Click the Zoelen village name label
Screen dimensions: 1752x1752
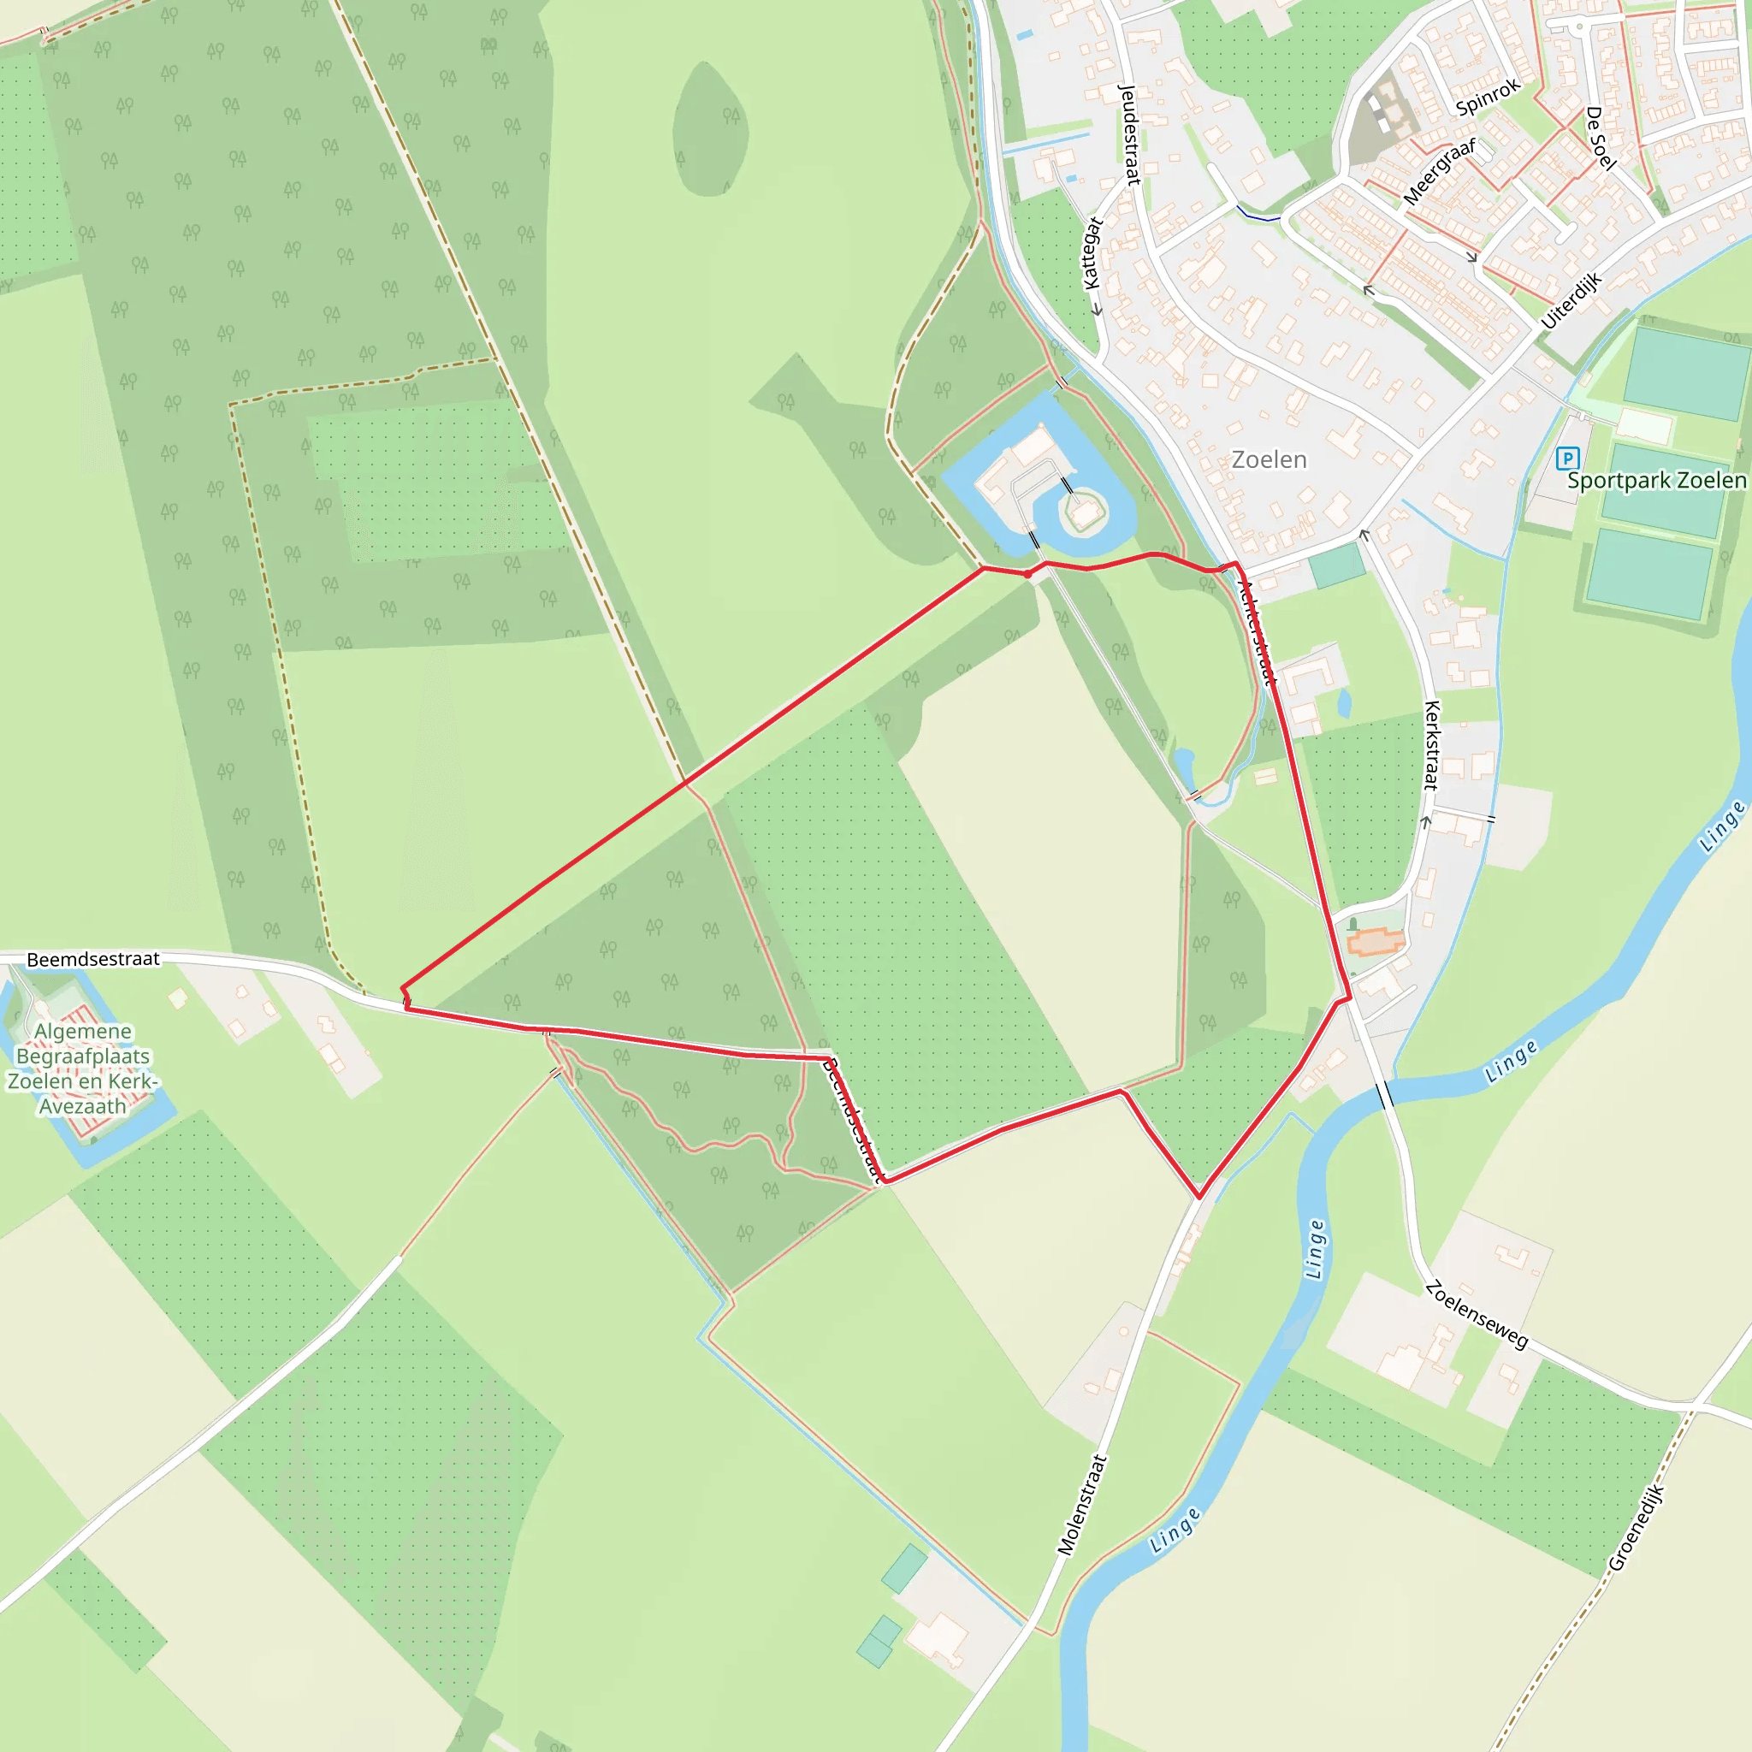[1269, 459]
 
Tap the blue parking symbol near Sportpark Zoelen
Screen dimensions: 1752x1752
[1567, 458]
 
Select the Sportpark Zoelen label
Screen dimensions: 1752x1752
[1657, 481]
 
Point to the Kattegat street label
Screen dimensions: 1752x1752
[1092, 253]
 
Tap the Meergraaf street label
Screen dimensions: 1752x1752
[1439, 171]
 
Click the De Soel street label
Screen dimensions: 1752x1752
[1601, 138]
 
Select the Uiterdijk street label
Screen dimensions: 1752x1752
[1571, 302]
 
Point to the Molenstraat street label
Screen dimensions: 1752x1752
[1083, 1505]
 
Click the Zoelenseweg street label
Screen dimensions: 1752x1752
[1477, 1315]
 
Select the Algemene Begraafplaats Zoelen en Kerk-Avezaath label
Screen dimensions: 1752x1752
[82, 1068]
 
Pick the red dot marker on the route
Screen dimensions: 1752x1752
[1027, 574]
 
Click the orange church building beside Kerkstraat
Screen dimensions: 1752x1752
[1375, 943]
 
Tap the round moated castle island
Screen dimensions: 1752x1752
[1084, 512]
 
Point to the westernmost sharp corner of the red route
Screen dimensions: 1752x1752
[403, 990]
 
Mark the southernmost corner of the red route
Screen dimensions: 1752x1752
[1199, 1198]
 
